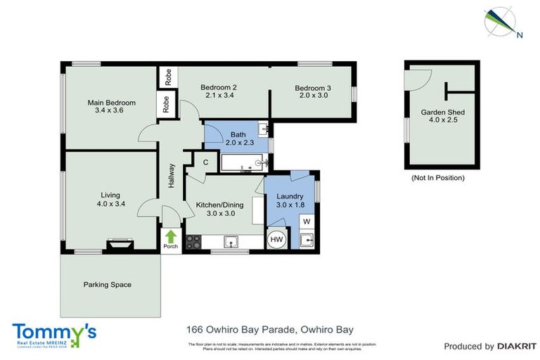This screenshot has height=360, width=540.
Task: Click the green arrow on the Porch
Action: (x=170, y=236)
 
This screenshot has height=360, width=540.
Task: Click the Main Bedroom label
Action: (x=111, y=103)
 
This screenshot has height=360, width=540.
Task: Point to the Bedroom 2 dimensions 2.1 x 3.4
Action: (x=220, y=95)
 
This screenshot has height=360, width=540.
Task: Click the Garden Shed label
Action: (x=442, y=112)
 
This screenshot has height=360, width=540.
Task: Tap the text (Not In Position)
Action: (x=437, y=178)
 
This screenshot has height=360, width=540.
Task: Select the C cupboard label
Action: (x=205, y=162)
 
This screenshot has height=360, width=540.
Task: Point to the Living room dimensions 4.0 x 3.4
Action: (x=110, y=204)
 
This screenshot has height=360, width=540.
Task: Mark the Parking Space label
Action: (x=108, y=285)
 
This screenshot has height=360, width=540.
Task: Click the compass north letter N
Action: (x=519, y=34)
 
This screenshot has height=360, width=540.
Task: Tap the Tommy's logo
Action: (x=54, y=333)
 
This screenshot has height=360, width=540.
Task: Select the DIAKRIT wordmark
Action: (x=517, y=346)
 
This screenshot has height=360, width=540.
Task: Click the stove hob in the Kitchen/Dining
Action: (x=193, y=243)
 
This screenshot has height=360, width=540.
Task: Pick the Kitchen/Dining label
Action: (x=220, y=205)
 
